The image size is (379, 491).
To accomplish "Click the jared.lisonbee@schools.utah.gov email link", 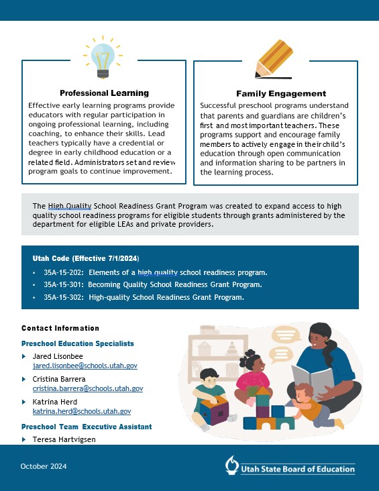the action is coord(85,366).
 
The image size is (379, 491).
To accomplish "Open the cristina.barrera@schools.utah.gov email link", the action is coord(88,388).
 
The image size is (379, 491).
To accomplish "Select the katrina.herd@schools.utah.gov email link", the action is coord(82,411).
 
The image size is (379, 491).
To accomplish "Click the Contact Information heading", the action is coord(60,328).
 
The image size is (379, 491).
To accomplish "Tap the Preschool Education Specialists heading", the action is coord(78,343).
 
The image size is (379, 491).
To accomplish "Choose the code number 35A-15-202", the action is coord(64,272).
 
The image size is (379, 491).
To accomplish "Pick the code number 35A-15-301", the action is coord(64,284).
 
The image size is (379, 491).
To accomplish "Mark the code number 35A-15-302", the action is coord(64,296).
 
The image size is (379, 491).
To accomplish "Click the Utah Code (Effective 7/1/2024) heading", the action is coord(86,258).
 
